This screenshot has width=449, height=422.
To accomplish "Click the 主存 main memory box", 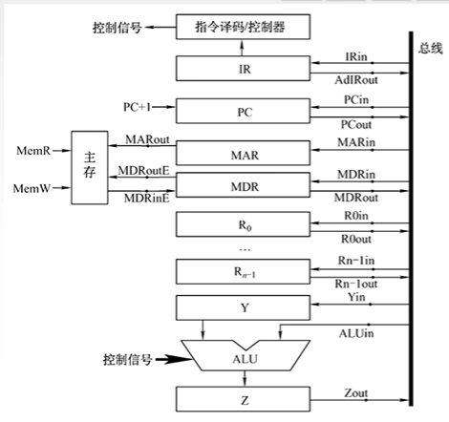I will (92, 167).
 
